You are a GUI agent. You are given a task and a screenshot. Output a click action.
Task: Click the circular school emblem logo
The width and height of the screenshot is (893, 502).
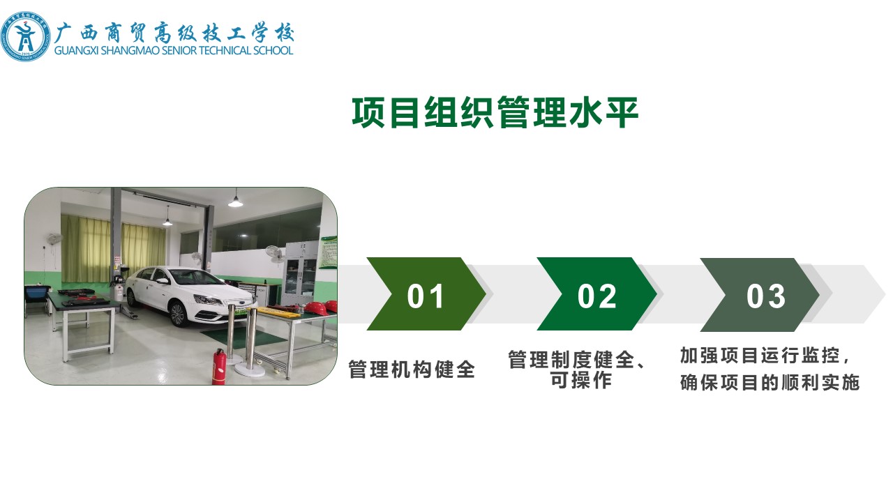click(x=26, y=36)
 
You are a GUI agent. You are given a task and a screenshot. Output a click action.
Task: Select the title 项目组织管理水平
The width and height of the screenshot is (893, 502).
click(x=495, y=112)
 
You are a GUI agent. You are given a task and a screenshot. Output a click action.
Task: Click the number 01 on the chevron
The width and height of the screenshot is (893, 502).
click(x=425, y=296)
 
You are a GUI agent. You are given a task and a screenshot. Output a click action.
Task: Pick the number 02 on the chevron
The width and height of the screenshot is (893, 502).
click(x=596, y=296)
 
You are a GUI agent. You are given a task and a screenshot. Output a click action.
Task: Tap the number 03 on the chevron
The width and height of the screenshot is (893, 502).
click(x=766, y=296)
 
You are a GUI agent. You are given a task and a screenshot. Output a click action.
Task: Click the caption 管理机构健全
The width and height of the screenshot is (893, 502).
click(x=412, y=369)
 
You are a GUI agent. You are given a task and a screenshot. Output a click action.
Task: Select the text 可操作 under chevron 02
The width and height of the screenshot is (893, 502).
click(x=581, y=379)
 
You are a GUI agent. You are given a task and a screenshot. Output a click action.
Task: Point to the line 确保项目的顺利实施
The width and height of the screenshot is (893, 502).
click(x=770, y=383)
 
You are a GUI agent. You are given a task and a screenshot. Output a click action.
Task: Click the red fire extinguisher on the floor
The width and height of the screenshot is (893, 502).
click(x=219, y=367)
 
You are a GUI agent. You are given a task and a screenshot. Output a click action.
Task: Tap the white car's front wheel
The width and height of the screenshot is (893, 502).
click(x=178, y=314)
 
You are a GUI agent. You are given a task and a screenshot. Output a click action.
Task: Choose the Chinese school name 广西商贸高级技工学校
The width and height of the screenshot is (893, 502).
click(x=174, y=33)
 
